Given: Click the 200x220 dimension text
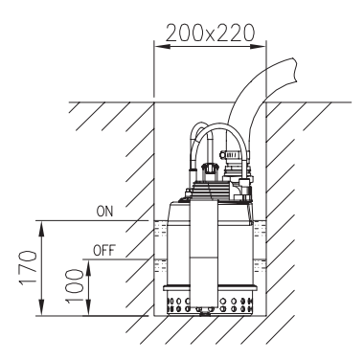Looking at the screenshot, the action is (x=210, y=33).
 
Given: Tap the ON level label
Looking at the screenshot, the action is (x=104, y=212).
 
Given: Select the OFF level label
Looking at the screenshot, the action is (x=104, y=251).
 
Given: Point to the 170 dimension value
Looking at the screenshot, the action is (x=28, y=268).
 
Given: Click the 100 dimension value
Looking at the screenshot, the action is (x=74, y=285).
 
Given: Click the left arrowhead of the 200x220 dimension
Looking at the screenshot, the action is (x=162, y=47).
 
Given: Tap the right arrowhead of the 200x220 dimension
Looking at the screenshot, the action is (x=258, y=47).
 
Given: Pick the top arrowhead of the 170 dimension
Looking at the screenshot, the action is (x=41, y=228).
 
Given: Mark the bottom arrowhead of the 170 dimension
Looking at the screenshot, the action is (x=41, y=308).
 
